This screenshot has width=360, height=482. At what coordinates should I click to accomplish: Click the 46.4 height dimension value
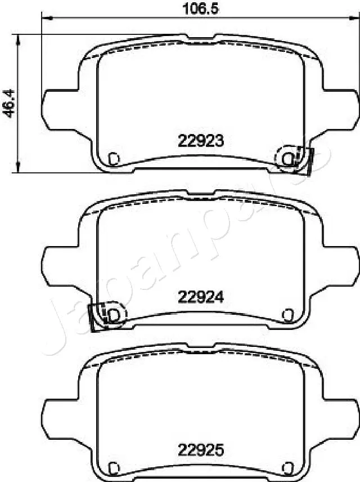point(8,102)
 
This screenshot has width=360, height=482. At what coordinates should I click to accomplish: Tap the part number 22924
point(201,297)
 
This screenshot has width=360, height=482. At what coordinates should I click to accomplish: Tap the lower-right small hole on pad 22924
point(289,314)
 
